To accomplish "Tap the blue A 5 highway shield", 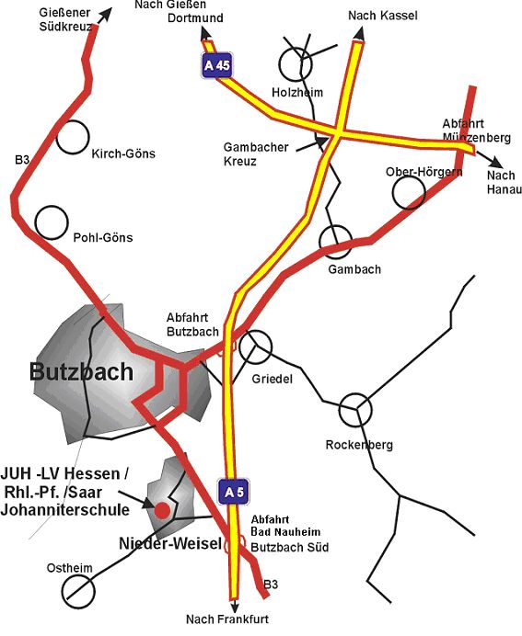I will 233,493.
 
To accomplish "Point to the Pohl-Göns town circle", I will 52,221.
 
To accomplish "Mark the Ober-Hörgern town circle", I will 408,191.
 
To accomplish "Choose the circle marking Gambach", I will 335,240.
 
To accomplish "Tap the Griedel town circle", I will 258,346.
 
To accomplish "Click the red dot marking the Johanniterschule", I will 162,508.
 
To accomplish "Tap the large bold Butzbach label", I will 81,372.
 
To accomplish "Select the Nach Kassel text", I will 383,17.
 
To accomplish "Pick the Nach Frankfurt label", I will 227,619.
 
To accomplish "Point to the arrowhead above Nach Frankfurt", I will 236,606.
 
